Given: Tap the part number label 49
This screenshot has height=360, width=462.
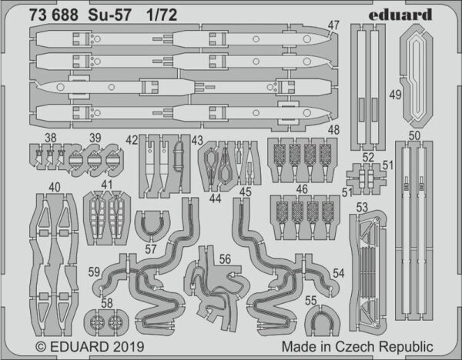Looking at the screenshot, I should tap(394, 95).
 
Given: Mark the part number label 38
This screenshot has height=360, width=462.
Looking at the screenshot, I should tap(50, 139).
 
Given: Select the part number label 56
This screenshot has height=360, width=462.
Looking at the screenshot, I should tap(224, 259).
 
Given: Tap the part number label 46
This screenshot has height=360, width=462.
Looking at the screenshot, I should tap(302, 188).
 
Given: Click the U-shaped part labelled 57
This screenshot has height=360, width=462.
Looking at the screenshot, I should tap(152, 223).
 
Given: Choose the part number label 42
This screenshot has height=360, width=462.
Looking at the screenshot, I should tap(132, 139).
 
